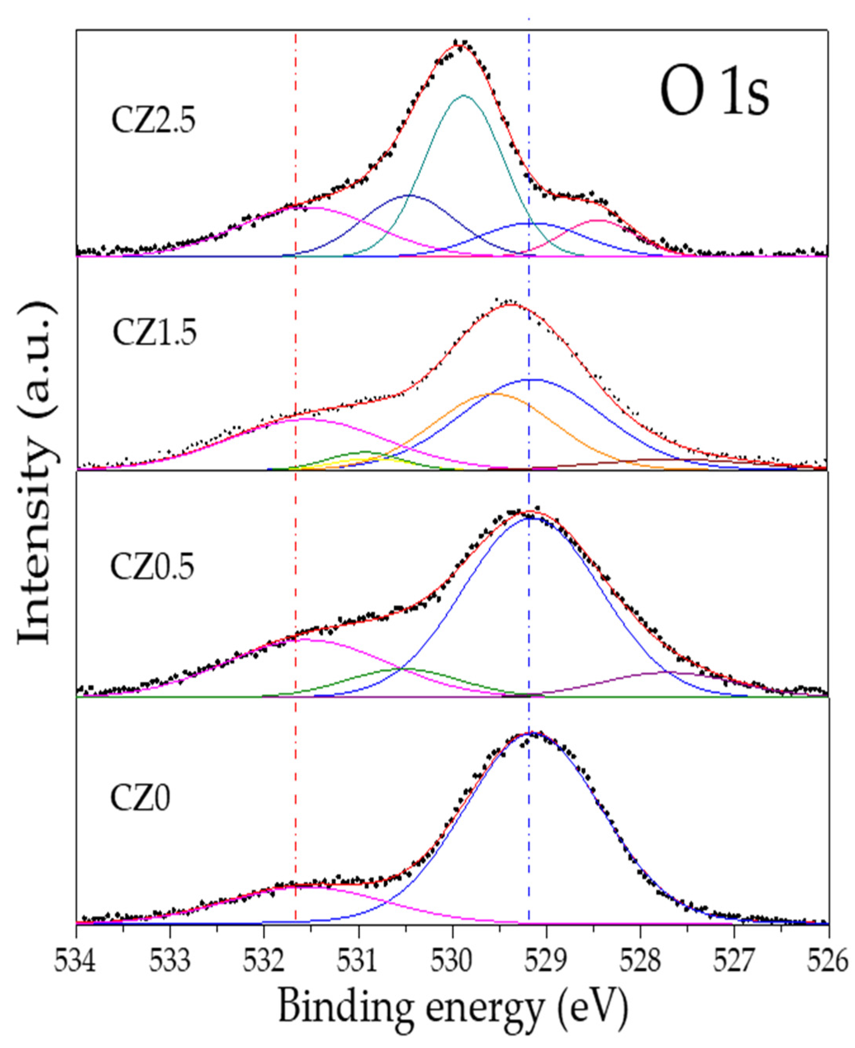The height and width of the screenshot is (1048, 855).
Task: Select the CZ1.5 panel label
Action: pos(154,332)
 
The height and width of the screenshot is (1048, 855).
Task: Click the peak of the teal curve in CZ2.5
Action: pos(463,96)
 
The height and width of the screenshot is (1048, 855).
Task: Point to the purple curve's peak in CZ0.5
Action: pos(665,672)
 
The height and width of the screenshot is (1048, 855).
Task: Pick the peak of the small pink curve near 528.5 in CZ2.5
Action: pos(599,220)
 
